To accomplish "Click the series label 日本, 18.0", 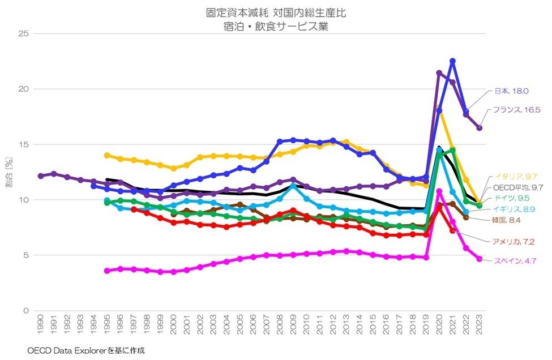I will point(511,91).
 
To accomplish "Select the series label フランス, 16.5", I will point(515,110).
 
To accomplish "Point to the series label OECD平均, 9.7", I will point(519,187).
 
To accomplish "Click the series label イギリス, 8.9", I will point(514,209).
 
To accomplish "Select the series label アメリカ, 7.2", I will point(514,242).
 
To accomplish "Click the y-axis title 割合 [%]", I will point(9,172).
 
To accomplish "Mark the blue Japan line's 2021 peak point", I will point(452,61).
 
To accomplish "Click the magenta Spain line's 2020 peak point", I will point(439,191).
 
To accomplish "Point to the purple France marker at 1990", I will point(40,176).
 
